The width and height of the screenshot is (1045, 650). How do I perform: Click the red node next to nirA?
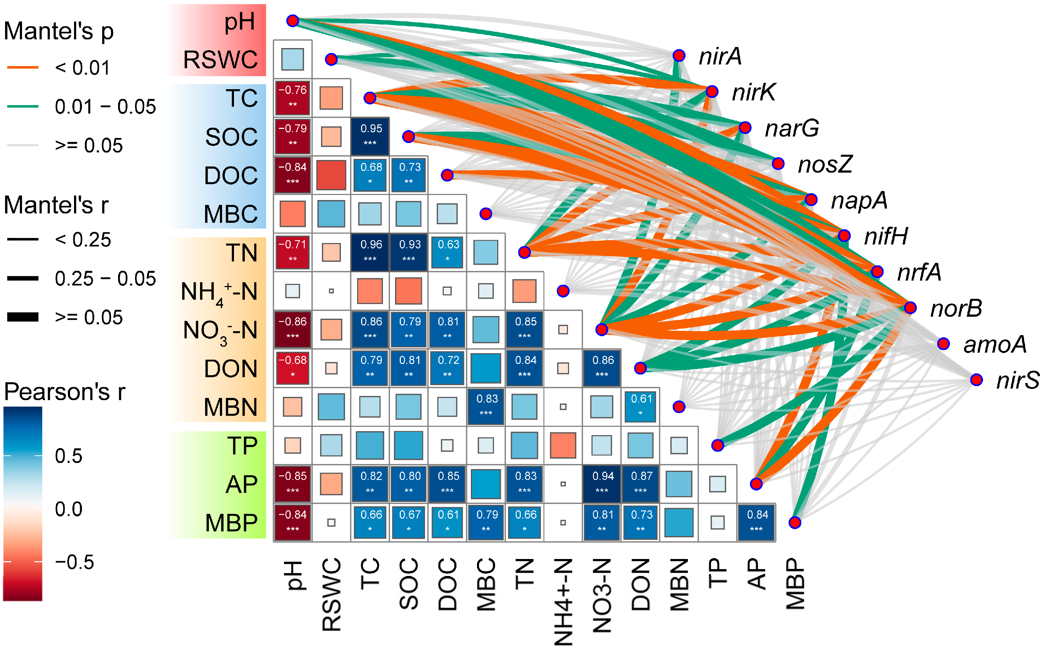[678, 56]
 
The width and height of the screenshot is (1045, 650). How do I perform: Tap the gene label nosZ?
[824, 164]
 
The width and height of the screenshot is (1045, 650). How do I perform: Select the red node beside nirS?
[976, 380]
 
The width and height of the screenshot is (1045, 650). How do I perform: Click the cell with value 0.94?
[602, 484]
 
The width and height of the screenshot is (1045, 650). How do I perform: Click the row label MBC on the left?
[230, 214]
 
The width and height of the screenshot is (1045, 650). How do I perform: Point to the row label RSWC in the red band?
[220, 59]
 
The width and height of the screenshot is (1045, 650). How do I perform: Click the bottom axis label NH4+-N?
[563, 602]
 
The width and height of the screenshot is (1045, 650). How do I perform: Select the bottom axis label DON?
[641, 585]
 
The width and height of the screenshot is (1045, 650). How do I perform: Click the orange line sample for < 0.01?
[23, 68]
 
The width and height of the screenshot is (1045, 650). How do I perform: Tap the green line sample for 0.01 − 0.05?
[23, 106]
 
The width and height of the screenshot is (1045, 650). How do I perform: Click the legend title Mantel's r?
[56, 205]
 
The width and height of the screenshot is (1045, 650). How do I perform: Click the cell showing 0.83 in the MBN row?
[486, 406]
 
